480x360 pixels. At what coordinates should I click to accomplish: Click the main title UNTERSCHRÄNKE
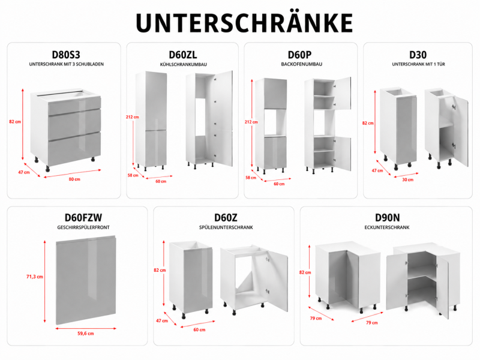pyautogui.click(x=244, y=22)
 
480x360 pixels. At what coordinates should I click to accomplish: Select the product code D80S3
pyautogui.click(x=66, y=55)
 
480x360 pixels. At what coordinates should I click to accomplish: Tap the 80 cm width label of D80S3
pyautogui.click(x=74, y=179)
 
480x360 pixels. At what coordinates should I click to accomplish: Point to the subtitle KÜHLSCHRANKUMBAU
pyautogui.click(x=184, y=64)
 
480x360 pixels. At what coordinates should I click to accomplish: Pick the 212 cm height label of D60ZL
pyautogui.click(x=132, y=117)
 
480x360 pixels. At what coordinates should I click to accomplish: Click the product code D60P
pyautogui.click(x=299, y=55)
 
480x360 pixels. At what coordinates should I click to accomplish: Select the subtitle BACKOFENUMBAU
pyautogui.click(x=302, y=64)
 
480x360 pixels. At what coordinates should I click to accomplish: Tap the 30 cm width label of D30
pyautogui.click(x=408, y=179)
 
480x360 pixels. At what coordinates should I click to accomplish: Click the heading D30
pyautogui.click(x=418, y=55)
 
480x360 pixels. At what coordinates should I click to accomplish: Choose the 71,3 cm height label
pyautogui.click(x=35, y=277)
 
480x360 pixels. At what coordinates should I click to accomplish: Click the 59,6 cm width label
pyautogui.click(x=86, y=334)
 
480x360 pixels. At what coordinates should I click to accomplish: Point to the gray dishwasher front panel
pyautogui.click(x=86, y=280)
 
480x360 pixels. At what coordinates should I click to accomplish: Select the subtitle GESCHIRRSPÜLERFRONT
pyautogui.click(x=83, y=227)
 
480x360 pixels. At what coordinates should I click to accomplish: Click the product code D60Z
pyautogui.click(x=226, y=218)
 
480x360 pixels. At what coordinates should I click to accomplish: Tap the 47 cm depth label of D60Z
pyautogui.click(x=162, y=320)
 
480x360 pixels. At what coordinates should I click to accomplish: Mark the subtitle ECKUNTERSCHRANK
pyautogui.click(x=387, y=227)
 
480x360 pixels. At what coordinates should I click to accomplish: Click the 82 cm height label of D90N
pyautogui.click(x=305, y=272)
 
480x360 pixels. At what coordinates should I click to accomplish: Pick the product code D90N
pyautogui.click(x=387, y=218)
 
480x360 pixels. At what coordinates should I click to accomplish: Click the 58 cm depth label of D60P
pyautogui.click(x=251, y=178)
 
